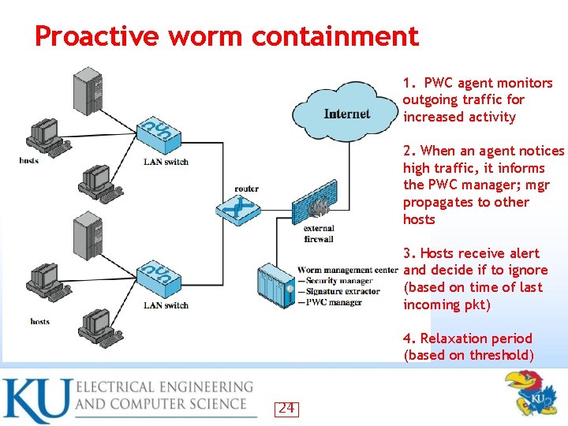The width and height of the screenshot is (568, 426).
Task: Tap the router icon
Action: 238,209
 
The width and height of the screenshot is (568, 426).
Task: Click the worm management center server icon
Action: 275,288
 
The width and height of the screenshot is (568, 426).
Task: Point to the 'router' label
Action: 246,189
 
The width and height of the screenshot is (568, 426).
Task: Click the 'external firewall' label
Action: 318,234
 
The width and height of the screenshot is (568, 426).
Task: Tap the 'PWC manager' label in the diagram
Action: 334,302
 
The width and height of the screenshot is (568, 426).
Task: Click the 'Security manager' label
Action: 338,281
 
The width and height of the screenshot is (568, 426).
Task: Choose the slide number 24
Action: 286,408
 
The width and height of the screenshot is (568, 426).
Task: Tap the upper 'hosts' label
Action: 29,162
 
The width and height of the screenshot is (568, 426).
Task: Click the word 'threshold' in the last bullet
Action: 502,356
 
